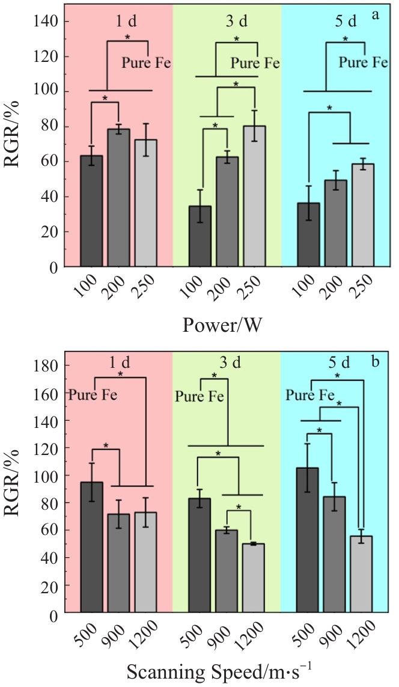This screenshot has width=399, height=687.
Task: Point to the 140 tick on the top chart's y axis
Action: [x=46, y=21]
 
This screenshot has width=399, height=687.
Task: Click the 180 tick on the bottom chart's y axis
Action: [x=46, y=365]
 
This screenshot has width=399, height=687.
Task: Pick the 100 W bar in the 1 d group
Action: [x=91, y=211]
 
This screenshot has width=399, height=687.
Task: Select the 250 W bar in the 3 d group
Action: [x=254, y=196]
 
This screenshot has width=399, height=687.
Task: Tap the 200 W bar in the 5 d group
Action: [x=335, y=223]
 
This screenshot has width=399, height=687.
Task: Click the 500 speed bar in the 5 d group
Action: [x=308, y=540]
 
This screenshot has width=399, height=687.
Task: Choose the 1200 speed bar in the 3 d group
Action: [x=254, y=578]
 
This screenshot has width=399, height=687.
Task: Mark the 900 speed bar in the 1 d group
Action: [x=118, y=563]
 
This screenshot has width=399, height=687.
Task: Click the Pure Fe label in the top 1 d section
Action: [x=146, y=63]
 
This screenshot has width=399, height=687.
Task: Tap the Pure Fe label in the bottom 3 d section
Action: [x=199, y=397]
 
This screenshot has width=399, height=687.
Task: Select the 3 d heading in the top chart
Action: [x=237, y=21]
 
